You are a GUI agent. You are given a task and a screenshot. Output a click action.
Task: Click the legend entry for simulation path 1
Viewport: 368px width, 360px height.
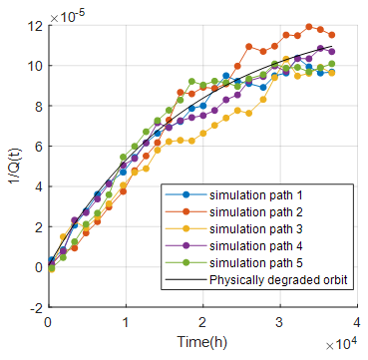tap(255, 195)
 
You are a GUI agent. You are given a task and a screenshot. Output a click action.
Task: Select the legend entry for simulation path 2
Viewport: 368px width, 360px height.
tap(255, 211)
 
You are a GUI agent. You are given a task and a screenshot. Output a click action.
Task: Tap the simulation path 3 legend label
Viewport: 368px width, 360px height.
tap(255, 228)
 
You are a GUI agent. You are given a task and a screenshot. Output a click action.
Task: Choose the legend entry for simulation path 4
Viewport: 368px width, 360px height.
tap(255, 245)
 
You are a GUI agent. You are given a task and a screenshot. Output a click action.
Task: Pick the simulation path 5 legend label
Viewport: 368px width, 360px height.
tap(255, 262)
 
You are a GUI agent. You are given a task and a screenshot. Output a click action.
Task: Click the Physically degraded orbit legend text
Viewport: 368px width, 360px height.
tap(278, 280)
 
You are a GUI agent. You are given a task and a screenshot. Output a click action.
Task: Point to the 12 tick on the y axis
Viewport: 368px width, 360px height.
tap(37, 25)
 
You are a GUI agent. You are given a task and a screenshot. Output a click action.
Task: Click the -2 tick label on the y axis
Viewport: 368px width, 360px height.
tap(37, 307)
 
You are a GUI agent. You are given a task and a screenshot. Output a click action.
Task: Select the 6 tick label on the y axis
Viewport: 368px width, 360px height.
tap(41, 147)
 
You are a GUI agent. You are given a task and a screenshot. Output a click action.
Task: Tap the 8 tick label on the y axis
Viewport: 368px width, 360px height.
tap(41, 106)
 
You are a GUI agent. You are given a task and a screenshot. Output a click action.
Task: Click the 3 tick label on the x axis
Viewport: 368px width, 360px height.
tap(280, 321)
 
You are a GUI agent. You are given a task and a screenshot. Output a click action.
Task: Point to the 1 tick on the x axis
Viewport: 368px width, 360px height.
tap(126, 321)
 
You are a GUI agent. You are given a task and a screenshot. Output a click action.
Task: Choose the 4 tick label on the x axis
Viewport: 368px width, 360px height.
tap(357, 321)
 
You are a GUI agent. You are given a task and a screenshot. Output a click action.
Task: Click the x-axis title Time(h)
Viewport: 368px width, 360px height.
tap(202, 341)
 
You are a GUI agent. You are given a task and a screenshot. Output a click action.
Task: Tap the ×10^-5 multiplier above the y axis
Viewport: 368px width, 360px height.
tap(67, 16)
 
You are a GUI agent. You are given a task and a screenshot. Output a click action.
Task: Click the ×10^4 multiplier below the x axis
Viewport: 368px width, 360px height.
tap(342, 345)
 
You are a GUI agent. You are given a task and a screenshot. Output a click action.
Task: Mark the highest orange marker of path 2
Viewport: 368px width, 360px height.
tap(309, 27)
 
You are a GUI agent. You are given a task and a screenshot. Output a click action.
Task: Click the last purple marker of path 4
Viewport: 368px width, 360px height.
tap(331, 52)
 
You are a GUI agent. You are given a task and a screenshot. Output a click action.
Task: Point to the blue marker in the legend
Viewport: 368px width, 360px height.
tap(185, 195)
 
